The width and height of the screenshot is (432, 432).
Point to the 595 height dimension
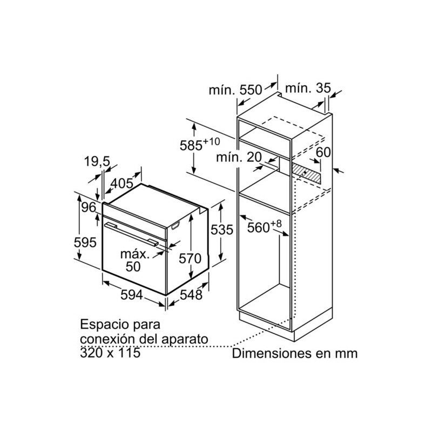(x=85, y=242)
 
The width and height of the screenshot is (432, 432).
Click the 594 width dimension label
(x=131, y=295)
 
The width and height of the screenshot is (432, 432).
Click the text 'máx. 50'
(x=133, y=260)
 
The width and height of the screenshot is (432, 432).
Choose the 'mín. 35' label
(x=307, y=87)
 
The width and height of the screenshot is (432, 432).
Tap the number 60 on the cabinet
(x=323, y=153)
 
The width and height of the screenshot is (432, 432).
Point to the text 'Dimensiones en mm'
(x=295, y=354)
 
